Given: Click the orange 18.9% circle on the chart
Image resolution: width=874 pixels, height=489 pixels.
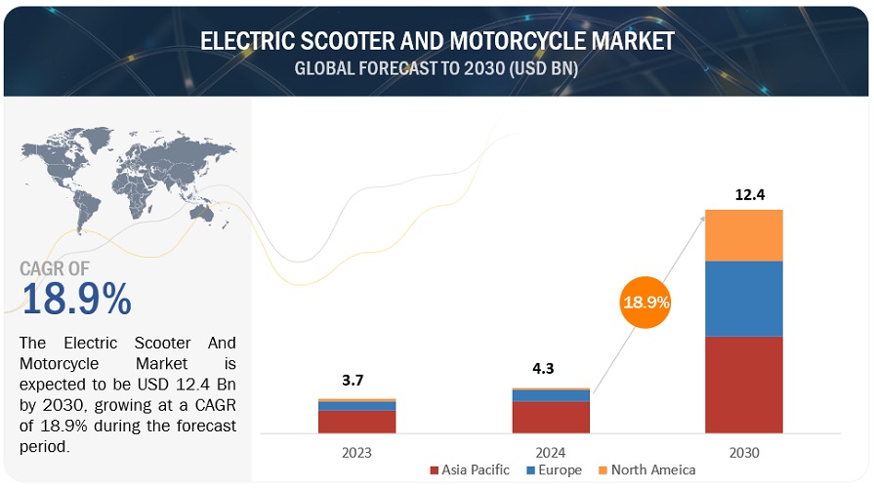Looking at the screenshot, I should pyautogui.click(x=646, y=302).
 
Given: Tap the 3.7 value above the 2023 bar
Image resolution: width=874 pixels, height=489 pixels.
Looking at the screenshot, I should pyautogui.click(x=357, y=380).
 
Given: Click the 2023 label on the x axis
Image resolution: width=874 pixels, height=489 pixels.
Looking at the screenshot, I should pyautogui.click(x=356, y=452).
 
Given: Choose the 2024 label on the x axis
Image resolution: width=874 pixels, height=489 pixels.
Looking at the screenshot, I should pyautogui.click(x=551, y=452).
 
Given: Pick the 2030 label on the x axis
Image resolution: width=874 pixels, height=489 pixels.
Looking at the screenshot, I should pyautogui.click(x=744, y=452).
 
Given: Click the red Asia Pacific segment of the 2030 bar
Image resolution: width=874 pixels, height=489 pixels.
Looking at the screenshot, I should pyautogui.click(x=744, y=385).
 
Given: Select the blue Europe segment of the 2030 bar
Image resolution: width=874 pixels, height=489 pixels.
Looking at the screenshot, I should pyautogui.click(x=744, y=299).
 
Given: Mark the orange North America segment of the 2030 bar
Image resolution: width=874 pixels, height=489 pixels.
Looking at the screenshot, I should pyautogui.click(x=744, y=235).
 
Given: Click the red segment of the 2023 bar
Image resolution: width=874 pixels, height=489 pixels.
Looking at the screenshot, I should pyautogui.click(x=356, y=422).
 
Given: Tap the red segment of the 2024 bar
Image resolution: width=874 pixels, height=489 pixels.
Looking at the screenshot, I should pyautogui.click(x=551, y=417).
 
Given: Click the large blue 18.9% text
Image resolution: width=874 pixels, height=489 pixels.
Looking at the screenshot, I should pyautogui.click(x=76, y=300).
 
